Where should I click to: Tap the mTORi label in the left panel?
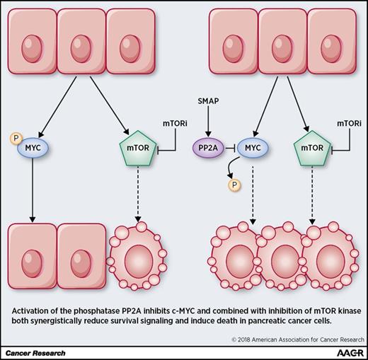coord(175,104)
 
